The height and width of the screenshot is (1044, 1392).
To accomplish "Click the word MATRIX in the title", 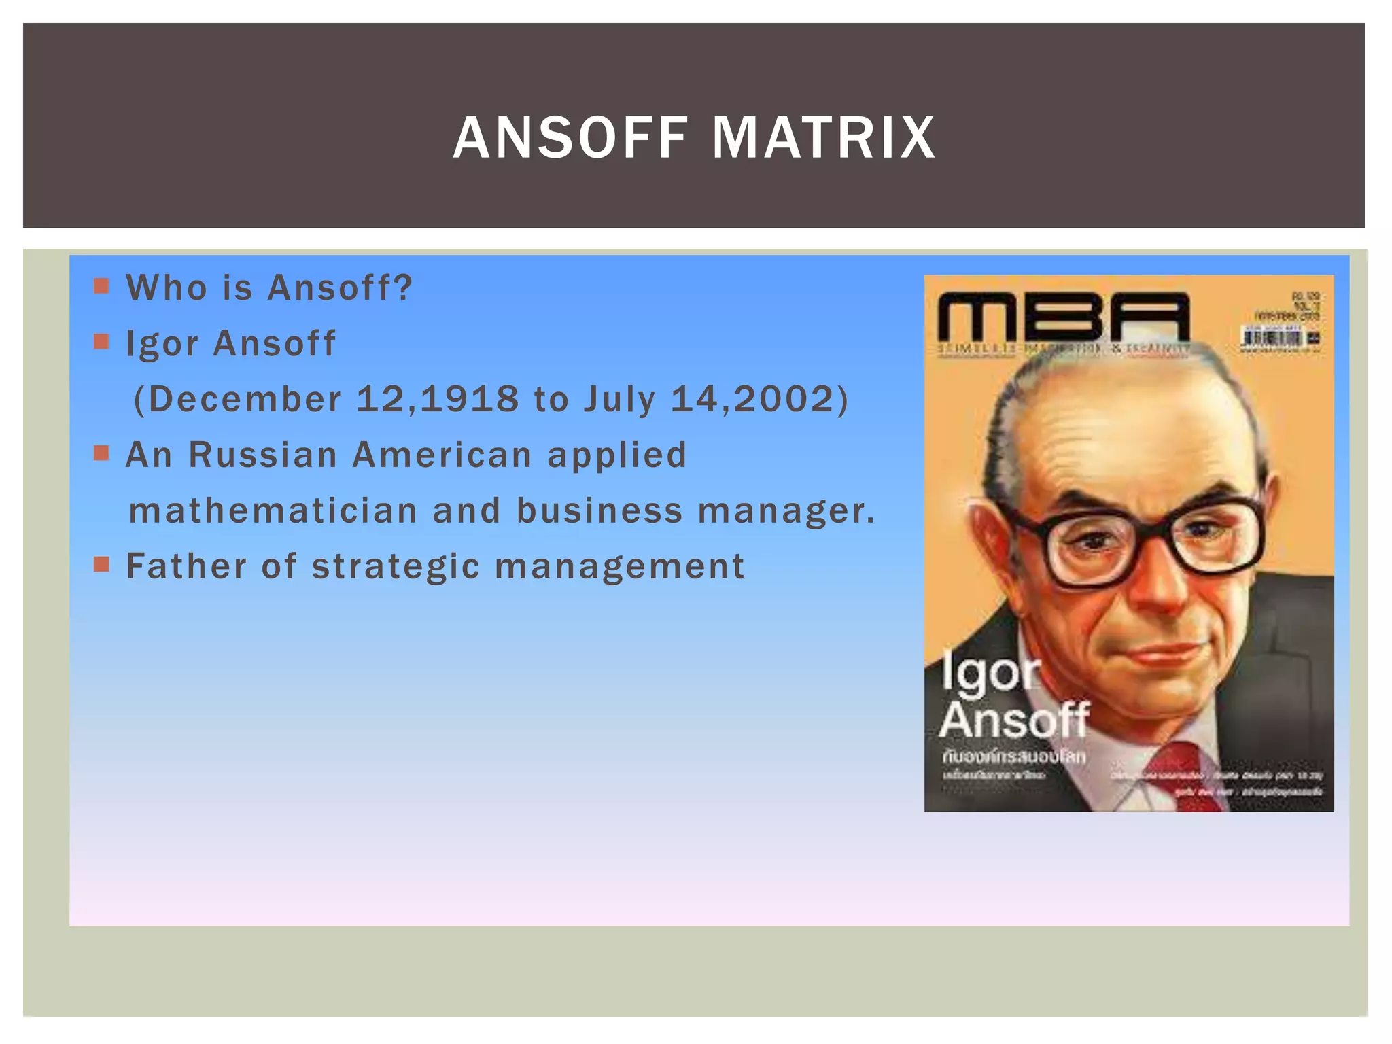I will (824, 138).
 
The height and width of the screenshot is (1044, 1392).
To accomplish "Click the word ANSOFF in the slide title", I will (571, 138).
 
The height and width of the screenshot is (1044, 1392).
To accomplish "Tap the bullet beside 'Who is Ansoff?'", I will (101, 285).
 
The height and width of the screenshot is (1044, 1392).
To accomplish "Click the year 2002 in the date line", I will (783, 398).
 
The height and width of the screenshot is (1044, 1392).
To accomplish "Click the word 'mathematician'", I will (273, 510).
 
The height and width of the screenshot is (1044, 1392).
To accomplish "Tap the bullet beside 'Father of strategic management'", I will (101, 564).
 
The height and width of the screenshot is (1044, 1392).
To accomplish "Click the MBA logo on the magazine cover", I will (1064, 317).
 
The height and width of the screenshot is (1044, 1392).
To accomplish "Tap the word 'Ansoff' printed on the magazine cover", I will (1014, 720).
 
